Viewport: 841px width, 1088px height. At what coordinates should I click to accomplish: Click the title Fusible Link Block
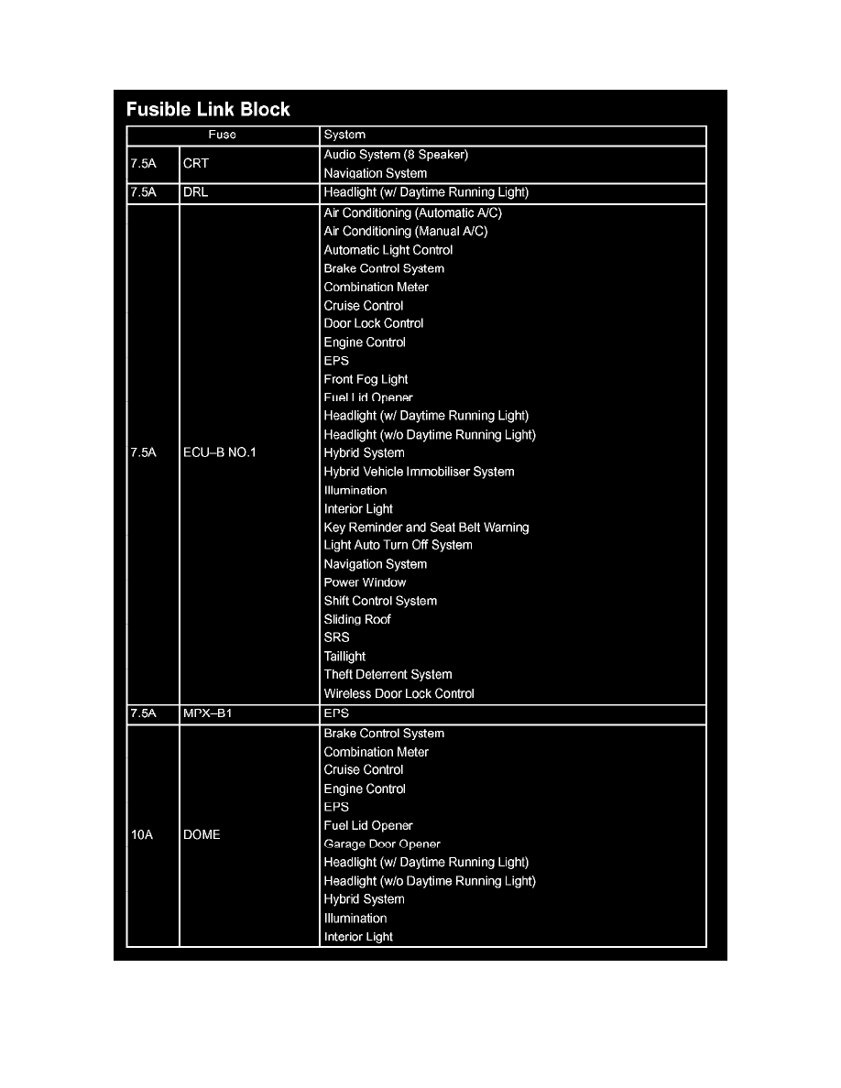tap(208, 110)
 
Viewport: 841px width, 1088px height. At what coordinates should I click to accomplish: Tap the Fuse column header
tap(222, 135)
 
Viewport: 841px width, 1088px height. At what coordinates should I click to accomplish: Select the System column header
tap(344, 135)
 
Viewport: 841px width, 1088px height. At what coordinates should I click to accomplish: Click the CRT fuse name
tap(196, 164)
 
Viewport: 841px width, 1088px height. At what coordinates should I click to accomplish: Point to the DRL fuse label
tap(196, 193)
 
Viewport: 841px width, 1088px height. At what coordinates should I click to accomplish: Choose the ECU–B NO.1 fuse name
tap(220, 453)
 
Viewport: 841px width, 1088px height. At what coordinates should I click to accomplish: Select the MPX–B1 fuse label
tap(208, 713)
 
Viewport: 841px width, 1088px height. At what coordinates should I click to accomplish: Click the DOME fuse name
tap(202, 835)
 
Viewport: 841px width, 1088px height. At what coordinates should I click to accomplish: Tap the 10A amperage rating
tap(142, 835)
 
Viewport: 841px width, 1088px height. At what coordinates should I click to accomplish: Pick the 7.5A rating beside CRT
tap(144, 164)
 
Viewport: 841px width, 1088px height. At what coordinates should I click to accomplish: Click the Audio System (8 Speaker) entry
tap(396, 155)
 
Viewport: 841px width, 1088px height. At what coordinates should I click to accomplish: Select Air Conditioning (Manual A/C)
tap(405, 232)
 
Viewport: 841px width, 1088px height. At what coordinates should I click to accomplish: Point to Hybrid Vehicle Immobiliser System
tap(419, 472)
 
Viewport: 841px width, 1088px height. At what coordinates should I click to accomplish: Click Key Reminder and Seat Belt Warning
tap(426, 528)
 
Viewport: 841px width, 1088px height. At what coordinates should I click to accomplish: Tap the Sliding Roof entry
tap(357, 620)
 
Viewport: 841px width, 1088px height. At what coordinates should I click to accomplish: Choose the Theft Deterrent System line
tap(388, 675)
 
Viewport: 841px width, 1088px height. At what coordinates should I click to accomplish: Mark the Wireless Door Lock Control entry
tap(399, 694)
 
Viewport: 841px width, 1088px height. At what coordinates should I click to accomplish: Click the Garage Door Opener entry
tap(382, 844)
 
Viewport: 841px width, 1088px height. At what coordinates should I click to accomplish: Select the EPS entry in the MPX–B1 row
tap(336, 713)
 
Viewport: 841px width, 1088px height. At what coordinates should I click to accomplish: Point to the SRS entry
tap(336, 637)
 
